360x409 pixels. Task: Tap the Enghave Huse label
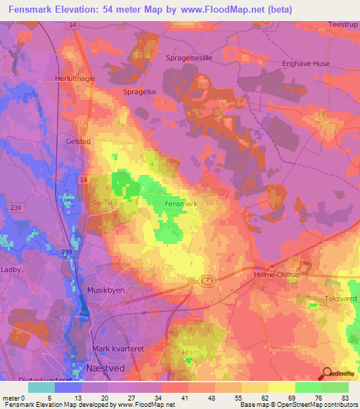[x=306, y=63]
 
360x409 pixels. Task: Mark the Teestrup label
[x=342, y=25]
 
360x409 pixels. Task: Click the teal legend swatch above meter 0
[x=41, y=387]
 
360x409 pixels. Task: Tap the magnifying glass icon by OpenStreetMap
[x=326, y=375]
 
